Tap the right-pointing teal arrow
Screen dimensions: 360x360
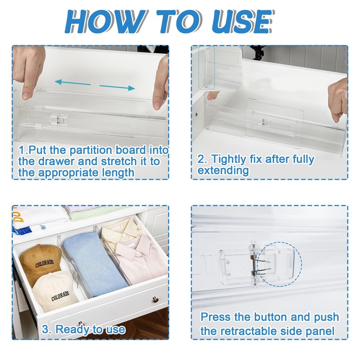[x=117, y=87]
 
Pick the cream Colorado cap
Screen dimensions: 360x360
[x=55, y=291]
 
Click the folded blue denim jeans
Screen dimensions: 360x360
[x=94, y=264]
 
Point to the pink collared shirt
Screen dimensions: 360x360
[x=140, y=258]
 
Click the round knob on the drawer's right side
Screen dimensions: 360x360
[x=155, y=300]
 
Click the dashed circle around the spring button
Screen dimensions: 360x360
[x=279, y=264]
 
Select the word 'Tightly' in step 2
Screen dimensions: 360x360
[x=229, y=159]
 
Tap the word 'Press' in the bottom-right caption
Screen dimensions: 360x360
[x=216, y=317]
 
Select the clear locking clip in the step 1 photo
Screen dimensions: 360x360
[x=58, y=120]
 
